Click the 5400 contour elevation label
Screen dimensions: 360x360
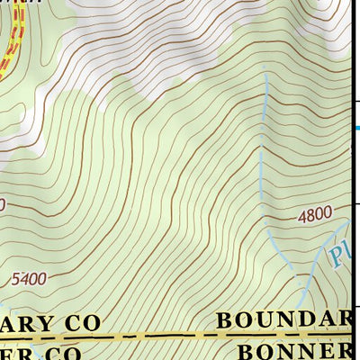pyautogui.click(x=29, y=279)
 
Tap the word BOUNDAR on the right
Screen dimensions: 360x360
pyautogui.click(x=283, y=319)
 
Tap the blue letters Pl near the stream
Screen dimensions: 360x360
pyautogui.click(x=339, y=255)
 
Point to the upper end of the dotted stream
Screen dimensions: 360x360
pyautogui.click(x=266, y=74)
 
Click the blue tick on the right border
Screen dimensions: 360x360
pyautogui.click(x=355, y=128)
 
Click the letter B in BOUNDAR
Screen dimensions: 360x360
pyautogui.click(x=227, y=319)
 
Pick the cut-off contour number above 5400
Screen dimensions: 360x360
pyautogui.click(x=3, y=205)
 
